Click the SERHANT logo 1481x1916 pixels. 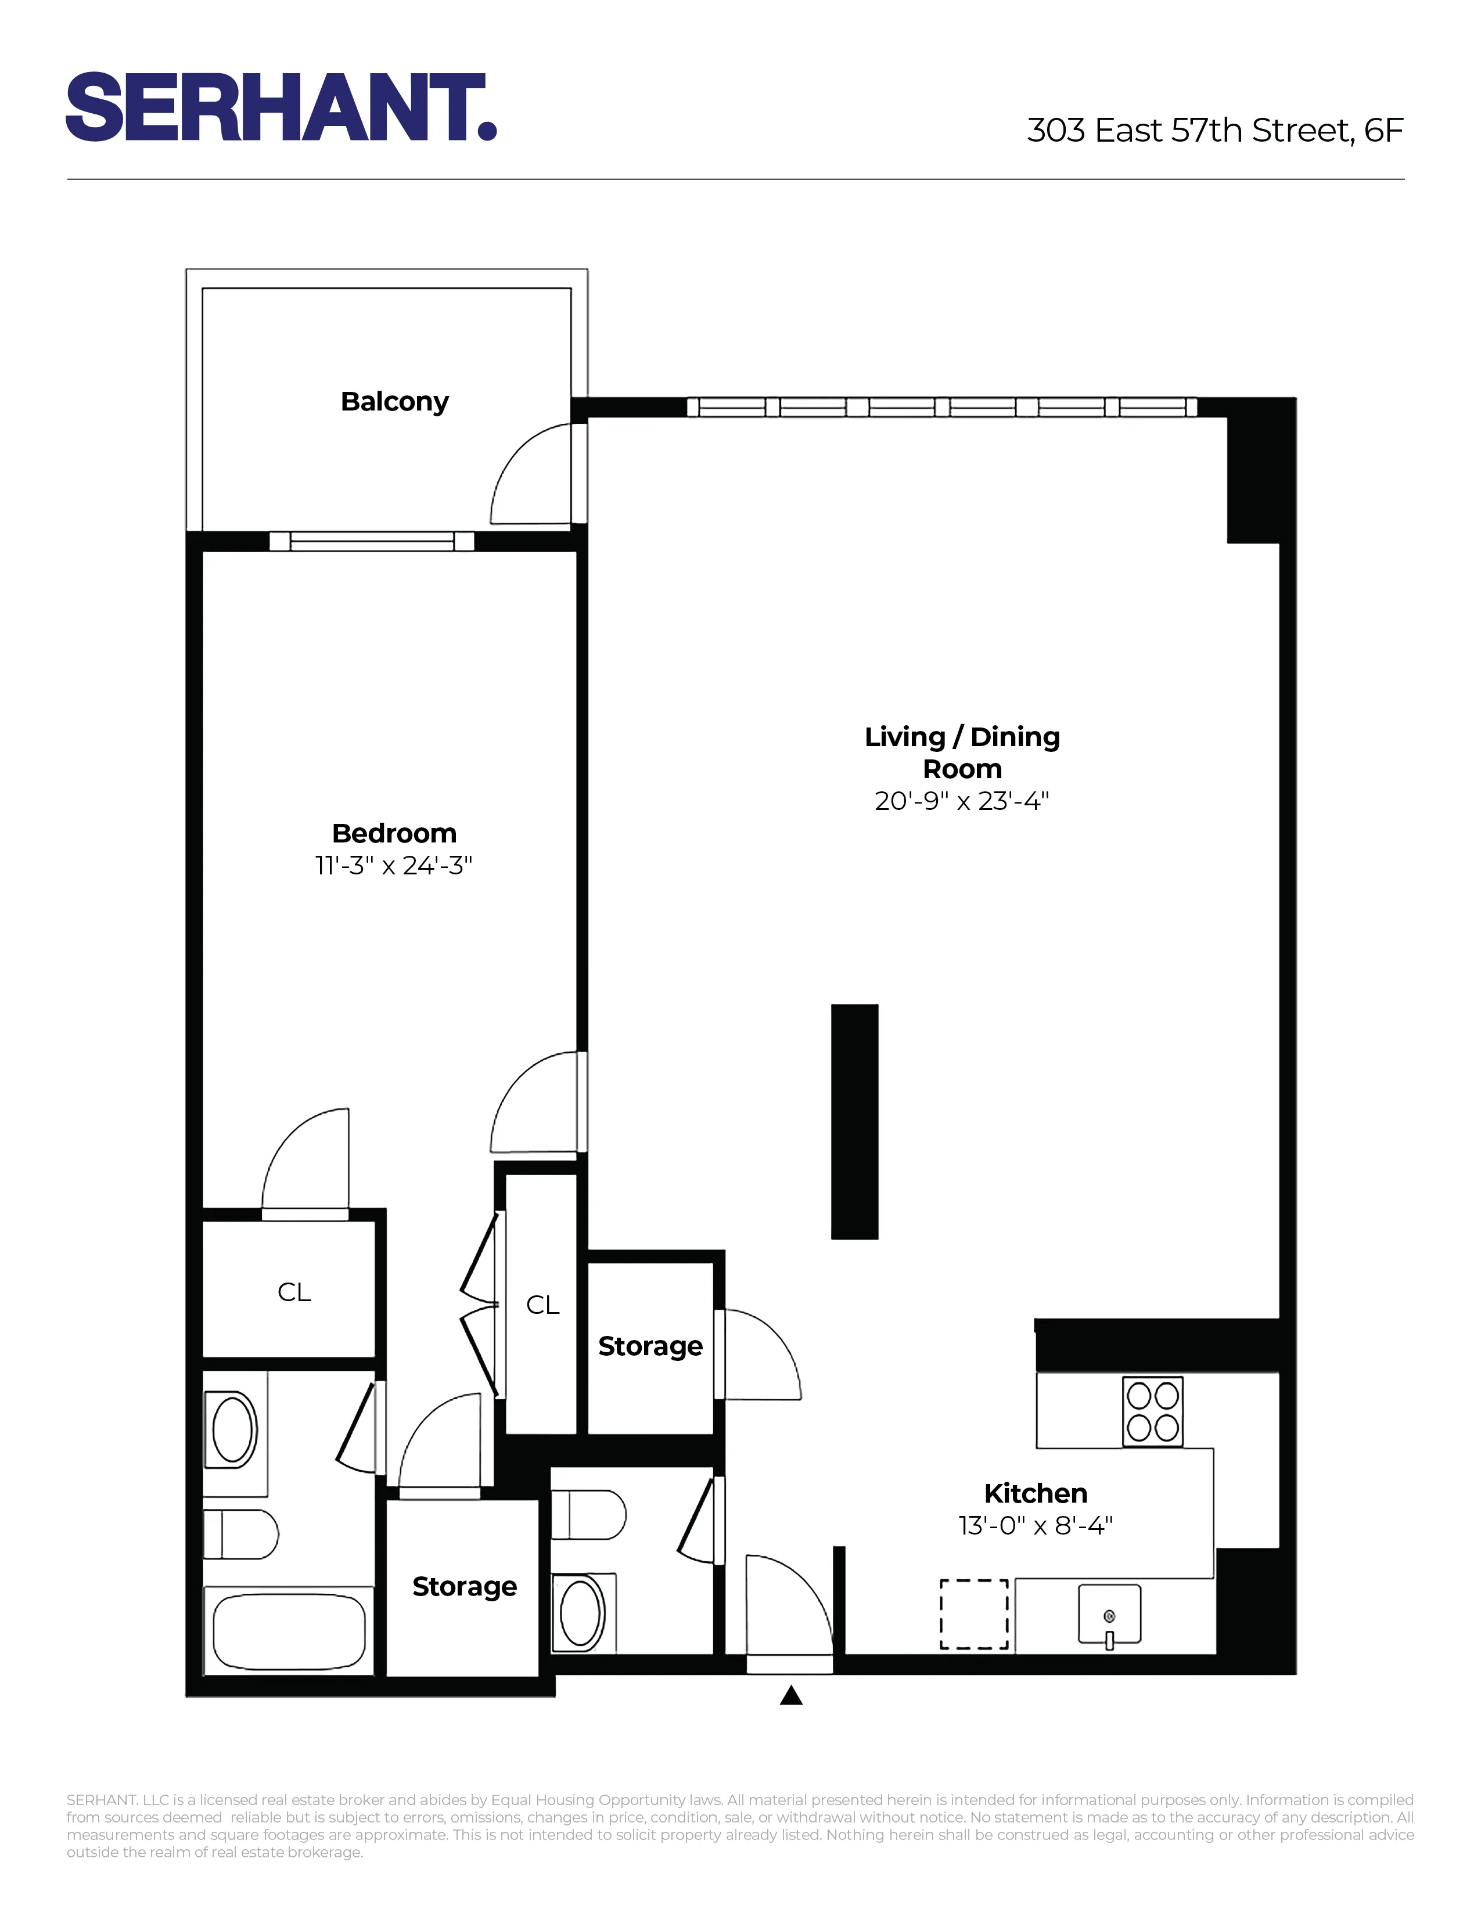[281, 107]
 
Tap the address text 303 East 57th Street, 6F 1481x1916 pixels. [1214, 131]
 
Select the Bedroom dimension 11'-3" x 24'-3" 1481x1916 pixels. [393, 866]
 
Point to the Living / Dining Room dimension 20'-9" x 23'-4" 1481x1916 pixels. [962, 801]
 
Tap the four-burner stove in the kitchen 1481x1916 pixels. [1153, 1411]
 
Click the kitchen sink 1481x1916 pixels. [1109, 1612]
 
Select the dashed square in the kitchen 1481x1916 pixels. [974, 1614]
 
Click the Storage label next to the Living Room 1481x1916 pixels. [650, 1346]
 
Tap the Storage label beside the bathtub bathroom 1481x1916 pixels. [464, 1586]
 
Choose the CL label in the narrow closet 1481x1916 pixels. [542, 1305]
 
